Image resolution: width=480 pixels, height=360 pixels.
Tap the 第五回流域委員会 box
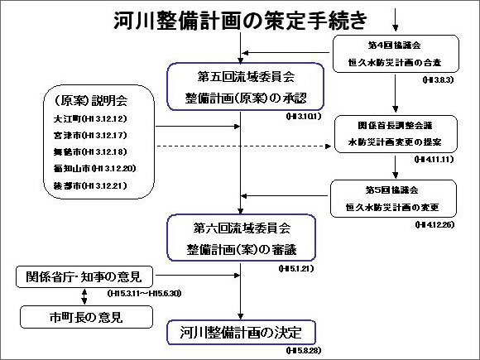(x=241, y=87)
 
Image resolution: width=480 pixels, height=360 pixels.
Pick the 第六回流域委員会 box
(x=240, y=236)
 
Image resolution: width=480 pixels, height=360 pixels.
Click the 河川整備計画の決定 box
(x=240, y=333)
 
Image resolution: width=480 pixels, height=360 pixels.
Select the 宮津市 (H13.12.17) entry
(x=83, y=135)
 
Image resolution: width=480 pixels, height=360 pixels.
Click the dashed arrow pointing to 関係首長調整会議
(x=248, y=146)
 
